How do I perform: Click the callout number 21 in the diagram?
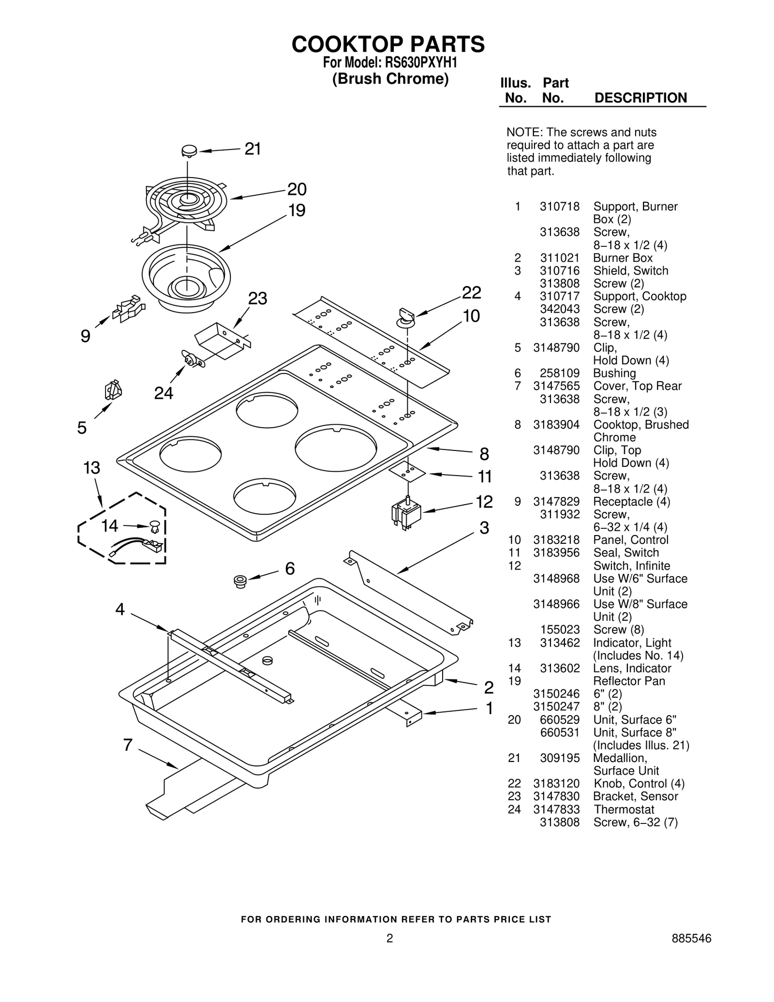tap(253, 149)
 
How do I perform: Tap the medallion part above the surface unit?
tap(189, 150)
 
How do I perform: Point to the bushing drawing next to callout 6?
tap(239, 581)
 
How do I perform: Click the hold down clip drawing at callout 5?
tap(113, 390)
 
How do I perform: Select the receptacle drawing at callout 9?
tap(128, 310)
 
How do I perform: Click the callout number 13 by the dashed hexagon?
tap(91, 468)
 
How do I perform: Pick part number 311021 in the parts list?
tap(559, 258)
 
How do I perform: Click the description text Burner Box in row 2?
tap(623, 258)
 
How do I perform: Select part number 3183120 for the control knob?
tap(556, 783)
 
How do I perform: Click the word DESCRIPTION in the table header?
tap(640, 98)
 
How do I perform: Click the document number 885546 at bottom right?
tap(691, 952)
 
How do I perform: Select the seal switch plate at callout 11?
tap(407, 470)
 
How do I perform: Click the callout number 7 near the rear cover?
tap(128, 745)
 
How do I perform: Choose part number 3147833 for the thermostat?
tap(556, 809)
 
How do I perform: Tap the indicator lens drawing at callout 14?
tap(154, 525)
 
